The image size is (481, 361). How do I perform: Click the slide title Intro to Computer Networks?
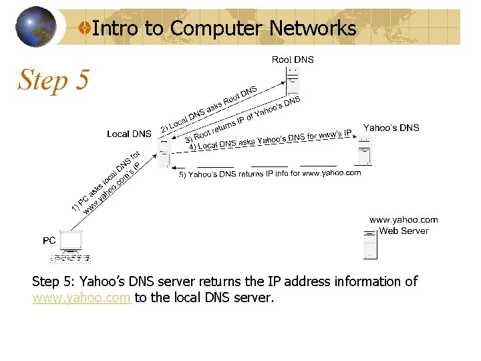224,28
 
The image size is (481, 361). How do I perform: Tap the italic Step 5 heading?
53,80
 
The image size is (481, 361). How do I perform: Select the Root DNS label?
293,59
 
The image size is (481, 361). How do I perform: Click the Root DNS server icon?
292,80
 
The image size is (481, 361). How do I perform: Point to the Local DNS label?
129,134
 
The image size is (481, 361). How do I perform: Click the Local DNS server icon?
164,152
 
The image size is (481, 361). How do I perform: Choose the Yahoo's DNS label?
391,128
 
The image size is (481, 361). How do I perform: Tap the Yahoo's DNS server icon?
364,151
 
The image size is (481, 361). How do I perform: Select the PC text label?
49,240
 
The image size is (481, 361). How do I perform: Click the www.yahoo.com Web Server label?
404,225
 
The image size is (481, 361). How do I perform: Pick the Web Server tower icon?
370,244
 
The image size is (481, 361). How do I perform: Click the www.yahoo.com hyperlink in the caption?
81,298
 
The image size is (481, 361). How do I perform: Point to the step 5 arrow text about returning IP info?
270,174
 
